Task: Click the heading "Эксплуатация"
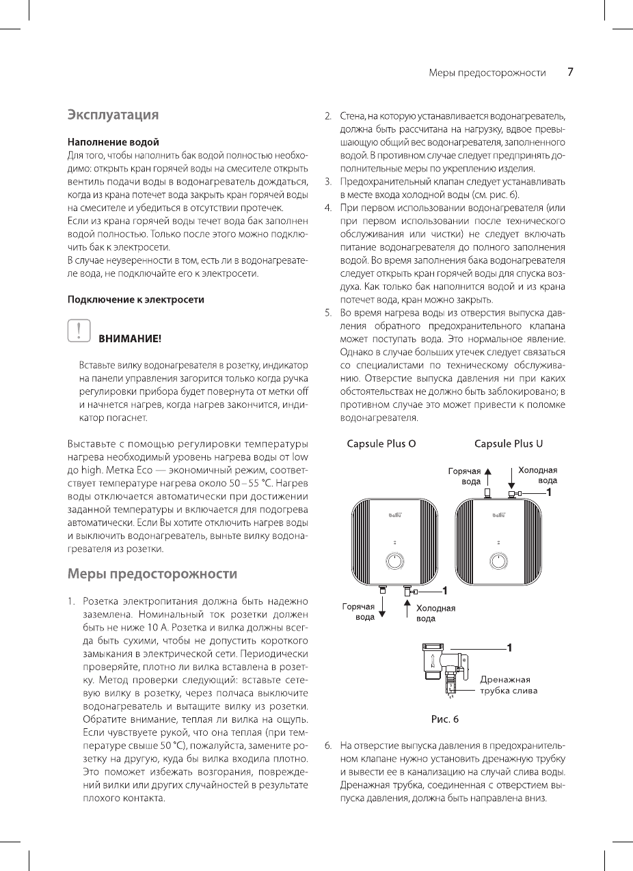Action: point(113,114)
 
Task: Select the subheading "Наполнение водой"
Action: point(113,142)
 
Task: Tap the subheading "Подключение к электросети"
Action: point(135,299)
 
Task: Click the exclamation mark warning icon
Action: point(79,330)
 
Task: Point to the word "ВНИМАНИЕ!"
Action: point(131,338)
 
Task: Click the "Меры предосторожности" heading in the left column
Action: point(152,574)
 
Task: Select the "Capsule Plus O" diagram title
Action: point(381,444)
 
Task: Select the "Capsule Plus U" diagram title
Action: point(509,444)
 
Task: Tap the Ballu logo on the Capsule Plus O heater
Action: point(395,514)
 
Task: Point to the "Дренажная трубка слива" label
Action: point(509,685)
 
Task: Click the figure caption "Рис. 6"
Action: point(444,719)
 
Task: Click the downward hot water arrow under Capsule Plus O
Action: point(382,605)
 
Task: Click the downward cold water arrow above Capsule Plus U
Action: point(512,476)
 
